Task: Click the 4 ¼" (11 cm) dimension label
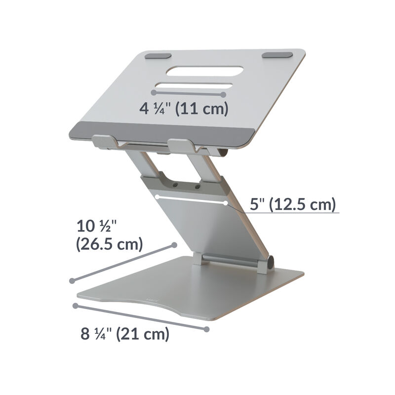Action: (x=184, y=109)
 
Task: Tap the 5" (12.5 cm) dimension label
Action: (x=292, y=203)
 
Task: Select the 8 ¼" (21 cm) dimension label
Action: (x=125, y=334)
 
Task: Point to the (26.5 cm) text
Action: (x=110, y=244)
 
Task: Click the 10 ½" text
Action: (x=96, y=227)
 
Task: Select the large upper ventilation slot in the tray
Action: (x=204, y=71)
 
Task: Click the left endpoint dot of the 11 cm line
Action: (x=154, y=92)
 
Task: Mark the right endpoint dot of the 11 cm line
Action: (x=224, y=94)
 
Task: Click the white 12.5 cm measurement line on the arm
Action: (x=191, y=200)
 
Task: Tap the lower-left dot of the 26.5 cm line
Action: (x=72, y=280)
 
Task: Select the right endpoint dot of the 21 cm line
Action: (x=207, y=328)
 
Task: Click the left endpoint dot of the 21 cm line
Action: (x=76, y=306)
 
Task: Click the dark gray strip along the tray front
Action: (x=163, y=132)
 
